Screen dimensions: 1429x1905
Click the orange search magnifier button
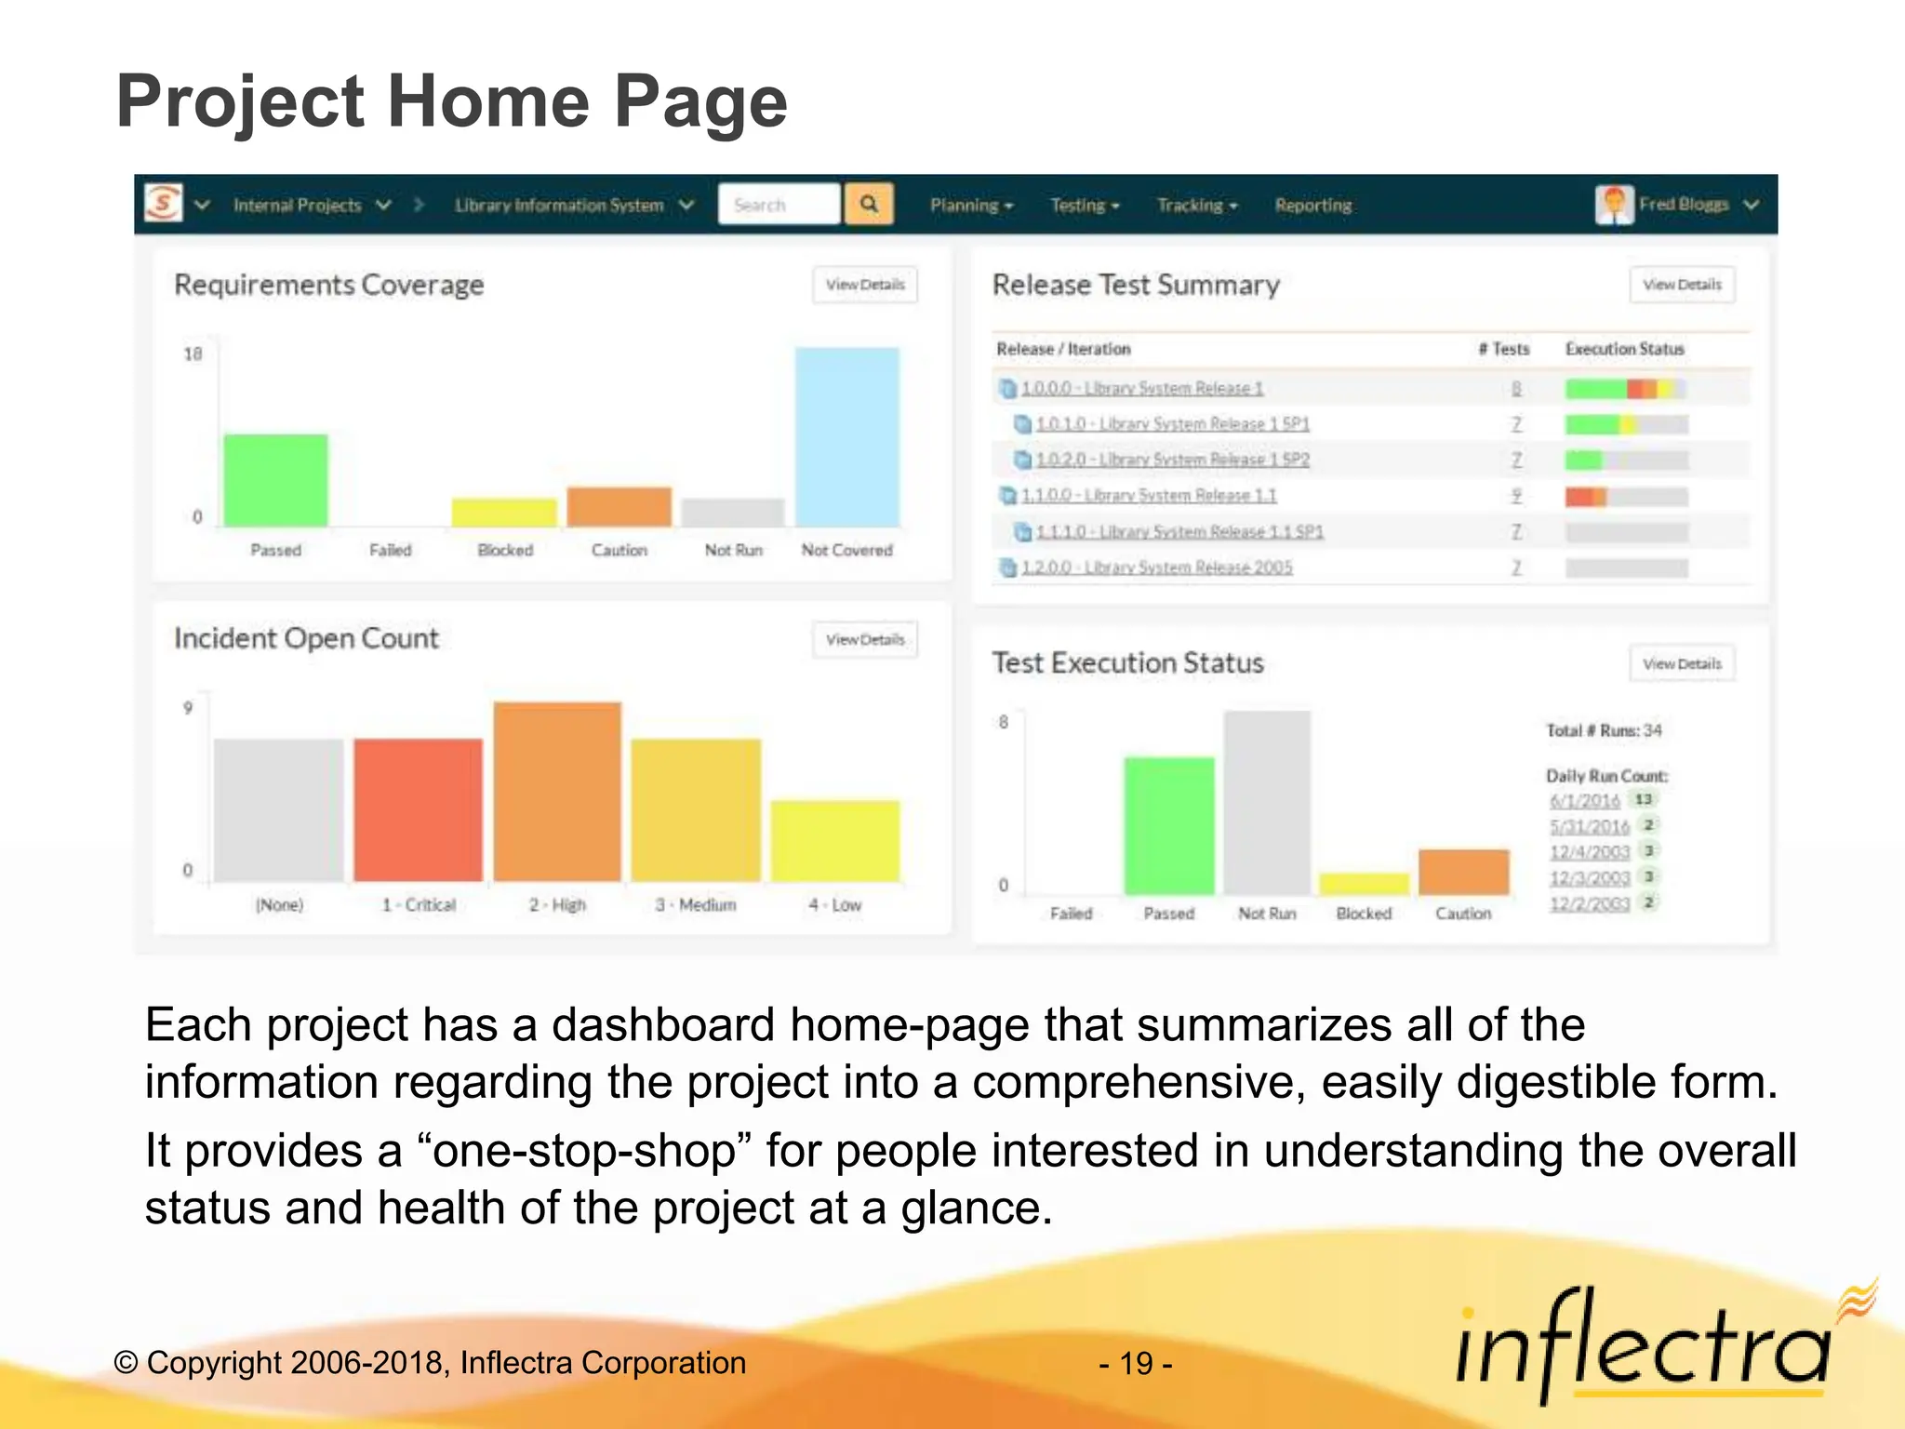click(x=869, y=204)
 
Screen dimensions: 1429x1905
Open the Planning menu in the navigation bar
click(x=970, y=206)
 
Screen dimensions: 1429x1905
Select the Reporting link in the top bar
click(x=1312, y=206)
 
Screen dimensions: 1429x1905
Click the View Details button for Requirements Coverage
click(x=865, y=285)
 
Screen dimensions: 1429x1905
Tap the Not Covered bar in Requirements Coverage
click(x=846, y=437)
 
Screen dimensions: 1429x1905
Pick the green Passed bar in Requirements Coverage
click(x=275, y=480)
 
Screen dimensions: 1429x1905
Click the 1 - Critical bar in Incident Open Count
click(x=418, y=809)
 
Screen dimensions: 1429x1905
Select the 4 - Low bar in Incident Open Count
click(x=835, y=840)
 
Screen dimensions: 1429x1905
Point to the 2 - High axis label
click(x=557, y=904)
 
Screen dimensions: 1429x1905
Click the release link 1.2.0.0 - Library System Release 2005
click(x=1156, y=568)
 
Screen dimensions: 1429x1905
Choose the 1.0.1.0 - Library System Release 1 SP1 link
click(x=1172, y=424)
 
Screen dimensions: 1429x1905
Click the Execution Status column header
click(x=1624, y=349)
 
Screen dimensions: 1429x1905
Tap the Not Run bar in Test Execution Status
click(x=1267, y=802)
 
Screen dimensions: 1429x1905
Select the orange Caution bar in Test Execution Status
click(x=1463, y=872)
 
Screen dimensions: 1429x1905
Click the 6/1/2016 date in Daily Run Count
click(x=1584, y=800)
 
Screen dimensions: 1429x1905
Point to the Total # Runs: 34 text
click(x=1604, y=730)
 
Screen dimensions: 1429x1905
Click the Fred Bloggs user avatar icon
click(x=1614, y=205)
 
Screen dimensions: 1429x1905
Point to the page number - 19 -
click(x=1135, y=1363)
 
